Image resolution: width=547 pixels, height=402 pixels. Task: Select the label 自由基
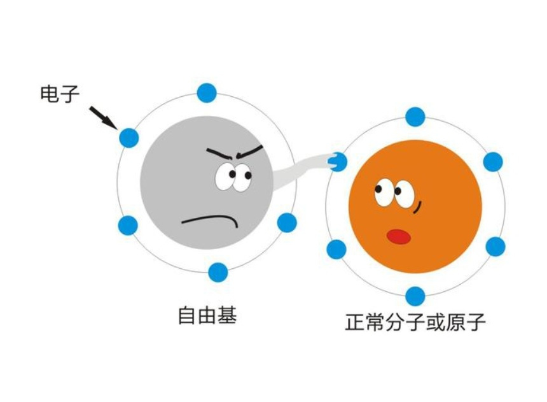click(x=207, y=315)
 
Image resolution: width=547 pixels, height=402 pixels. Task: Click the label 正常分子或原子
click(x=415, y=322)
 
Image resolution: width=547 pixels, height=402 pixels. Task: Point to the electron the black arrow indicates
click(x=128, y=137)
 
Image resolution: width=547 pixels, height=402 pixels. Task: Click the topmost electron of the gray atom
click(x=207, y=93)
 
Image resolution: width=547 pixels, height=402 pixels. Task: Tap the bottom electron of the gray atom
click(x=218, y=272)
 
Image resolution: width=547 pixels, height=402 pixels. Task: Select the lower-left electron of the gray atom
click(x=128, y=225)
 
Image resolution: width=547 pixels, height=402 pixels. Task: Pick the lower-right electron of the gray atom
click(x=287, y=222)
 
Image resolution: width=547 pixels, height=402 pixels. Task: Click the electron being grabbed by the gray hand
click(x=338, y=162)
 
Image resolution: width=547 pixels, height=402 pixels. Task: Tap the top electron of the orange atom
click(x=415, y=117)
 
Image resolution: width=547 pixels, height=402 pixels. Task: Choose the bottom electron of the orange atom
click(x=415, y=296)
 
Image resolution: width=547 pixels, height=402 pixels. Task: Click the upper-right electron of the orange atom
click(x=493, y=162)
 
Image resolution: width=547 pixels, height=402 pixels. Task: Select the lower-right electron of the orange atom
click(x=495, y=247)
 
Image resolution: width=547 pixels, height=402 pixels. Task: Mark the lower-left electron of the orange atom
click(x=336, y=249)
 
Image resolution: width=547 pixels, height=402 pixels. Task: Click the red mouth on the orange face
click(x=399, y=236)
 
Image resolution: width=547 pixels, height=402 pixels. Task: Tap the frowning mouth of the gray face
click(x=211, y=220)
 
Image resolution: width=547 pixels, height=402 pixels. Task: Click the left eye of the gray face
click(x=225, y=178)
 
